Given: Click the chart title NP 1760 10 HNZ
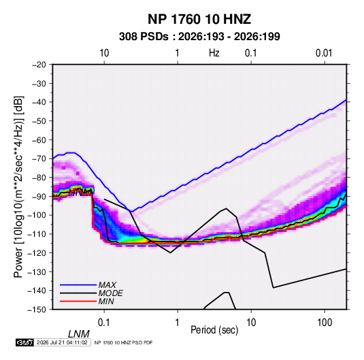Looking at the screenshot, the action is coord(199,19).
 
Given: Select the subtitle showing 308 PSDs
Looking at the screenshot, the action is coord(199,37).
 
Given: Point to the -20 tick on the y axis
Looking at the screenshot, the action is coord(39,65).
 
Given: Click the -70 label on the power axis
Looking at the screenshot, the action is coord(39,159).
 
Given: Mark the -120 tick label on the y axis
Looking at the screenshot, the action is coord(37,252).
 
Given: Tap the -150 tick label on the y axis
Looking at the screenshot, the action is coord(37,310).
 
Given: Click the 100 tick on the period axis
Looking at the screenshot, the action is coord(325,323).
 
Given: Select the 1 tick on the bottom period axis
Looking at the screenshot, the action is coord(178,323).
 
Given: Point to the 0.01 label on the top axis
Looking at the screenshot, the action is coord(324,53).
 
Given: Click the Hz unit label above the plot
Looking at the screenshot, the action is coord(214,53).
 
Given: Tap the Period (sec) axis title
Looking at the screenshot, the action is coord(214,330).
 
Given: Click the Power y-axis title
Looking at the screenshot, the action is coord(18,186).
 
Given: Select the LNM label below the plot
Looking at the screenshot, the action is coord(79,334).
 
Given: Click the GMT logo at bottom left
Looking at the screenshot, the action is coord(24,342).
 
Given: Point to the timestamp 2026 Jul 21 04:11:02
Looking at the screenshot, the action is coord(62,342).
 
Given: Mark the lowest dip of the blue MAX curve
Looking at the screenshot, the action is coord(131,212).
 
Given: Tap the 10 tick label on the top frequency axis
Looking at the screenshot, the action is coord(104,53).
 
